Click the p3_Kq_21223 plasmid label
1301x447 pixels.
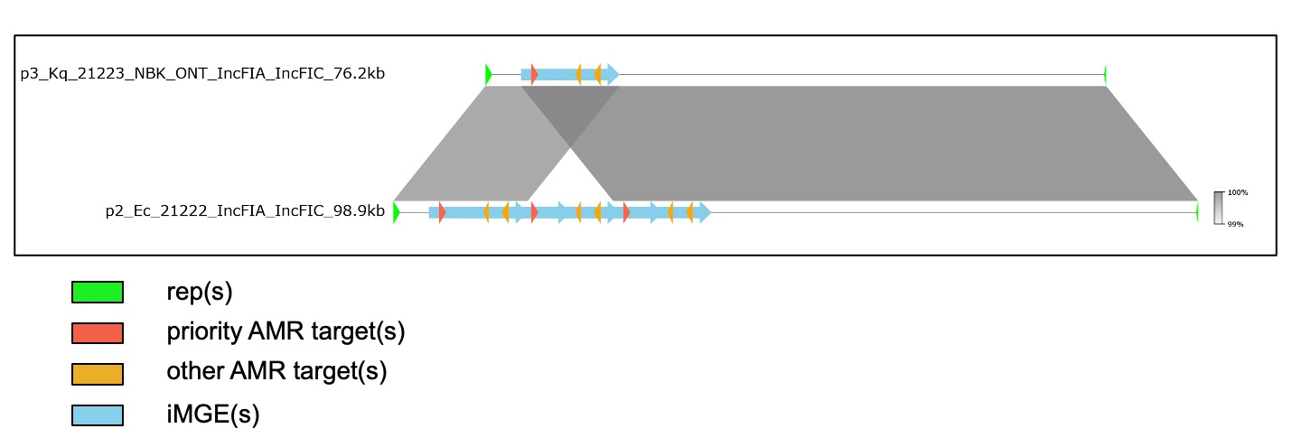[x=202, y=74]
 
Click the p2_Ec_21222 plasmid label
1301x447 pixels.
[x=245, y=210]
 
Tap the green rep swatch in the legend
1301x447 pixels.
[x=98, y=292]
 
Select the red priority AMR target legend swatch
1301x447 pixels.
[x=98, y=333]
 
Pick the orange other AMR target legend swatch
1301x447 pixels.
[x=98, y=374]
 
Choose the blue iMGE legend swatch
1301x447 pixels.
[x=98, y=415]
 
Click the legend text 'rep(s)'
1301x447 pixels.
[x=199, y=292]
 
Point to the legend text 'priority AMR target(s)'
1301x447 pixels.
[x=285, y=331]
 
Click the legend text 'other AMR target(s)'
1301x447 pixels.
[x=276, y=371]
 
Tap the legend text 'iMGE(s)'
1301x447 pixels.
[x=212, y=414]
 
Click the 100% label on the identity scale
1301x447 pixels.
[x=1238, y=192]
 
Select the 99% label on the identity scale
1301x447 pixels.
[x=1235, y=224]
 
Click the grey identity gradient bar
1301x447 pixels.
[x=1219, y=208]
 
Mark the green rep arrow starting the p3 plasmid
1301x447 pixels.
[x=489, y=74]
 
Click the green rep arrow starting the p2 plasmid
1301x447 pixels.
[x=397, y=212]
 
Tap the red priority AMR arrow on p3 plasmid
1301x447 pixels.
[x=534, y=74]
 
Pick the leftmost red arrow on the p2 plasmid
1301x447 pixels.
[x=442, y=212]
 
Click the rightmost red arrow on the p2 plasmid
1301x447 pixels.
[x=626, y=212]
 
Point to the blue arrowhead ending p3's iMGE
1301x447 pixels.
[x=613, y=74]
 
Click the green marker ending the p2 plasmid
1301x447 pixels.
[x=1197, y=212]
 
